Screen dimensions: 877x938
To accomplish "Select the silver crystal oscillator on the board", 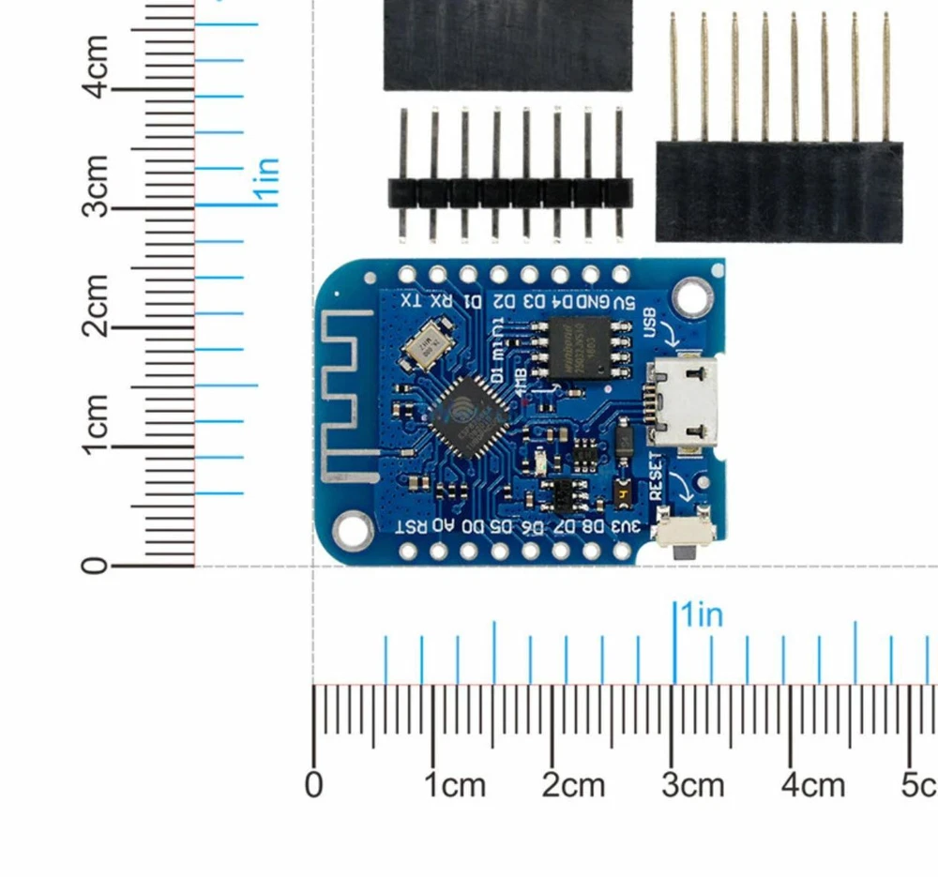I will pos(427,346).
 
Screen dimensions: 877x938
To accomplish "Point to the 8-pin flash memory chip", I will pos(573,346).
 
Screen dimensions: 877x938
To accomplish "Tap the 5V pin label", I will pos(623,302).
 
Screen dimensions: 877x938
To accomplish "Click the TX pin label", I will pos(410,302).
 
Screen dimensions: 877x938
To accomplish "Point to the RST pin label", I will pos(411,525).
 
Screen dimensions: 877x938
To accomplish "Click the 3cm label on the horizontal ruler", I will pos(692,785).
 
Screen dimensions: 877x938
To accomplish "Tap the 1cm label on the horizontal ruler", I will pos(455,785).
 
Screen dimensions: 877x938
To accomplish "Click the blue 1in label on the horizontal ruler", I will pos(702,615).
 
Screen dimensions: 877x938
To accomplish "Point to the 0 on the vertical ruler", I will pos(95,567).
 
